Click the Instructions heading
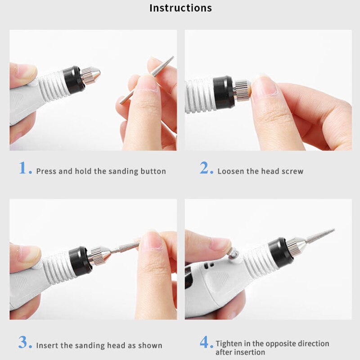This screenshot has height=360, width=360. pyautogui.click(x=180, y=8)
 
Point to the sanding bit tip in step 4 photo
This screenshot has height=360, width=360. pyautogui.click(x=334, y=229)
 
